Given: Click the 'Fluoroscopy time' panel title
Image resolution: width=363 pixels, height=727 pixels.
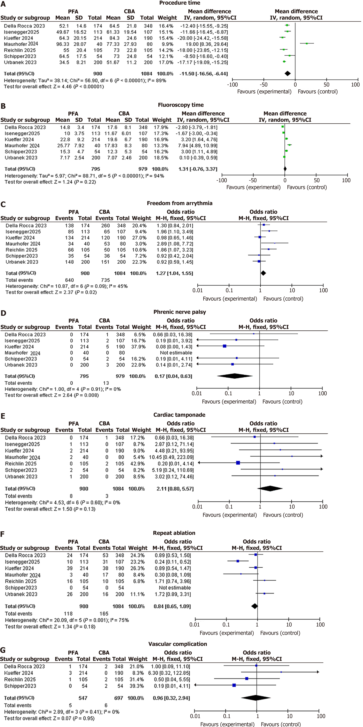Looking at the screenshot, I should (x=181, y=105).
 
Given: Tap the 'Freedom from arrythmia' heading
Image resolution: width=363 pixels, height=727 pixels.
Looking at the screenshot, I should (x=180, y=203).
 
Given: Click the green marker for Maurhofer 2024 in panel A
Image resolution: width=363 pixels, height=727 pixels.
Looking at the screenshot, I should (x=306, y=43).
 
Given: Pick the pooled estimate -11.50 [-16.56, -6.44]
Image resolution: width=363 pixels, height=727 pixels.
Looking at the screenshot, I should (x=204, y=74).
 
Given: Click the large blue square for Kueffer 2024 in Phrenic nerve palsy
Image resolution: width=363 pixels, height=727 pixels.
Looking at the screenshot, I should (x=225, y=346).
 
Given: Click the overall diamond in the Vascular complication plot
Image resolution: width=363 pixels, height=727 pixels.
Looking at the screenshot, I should (x=256, y=698).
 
